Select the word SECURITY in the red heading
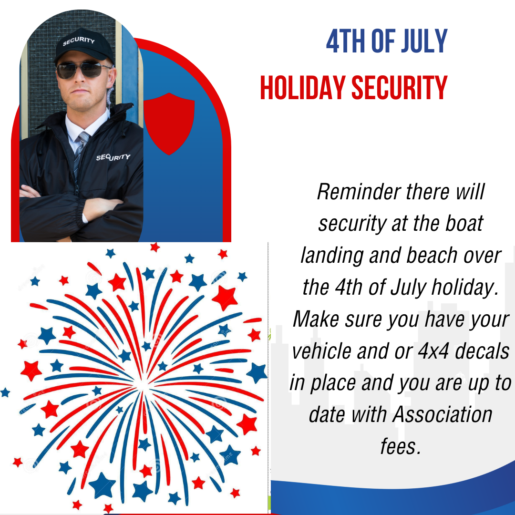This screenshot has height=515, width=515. pyautogui.click(x=400, y=87)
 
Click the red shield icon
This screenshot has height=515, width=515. pyautogui.click(x=169, y=124)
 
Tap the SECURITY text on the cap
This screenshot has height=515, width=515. pyautogui.click(x=79, y=41)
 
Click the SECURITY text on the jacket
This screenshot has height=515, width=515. pyautogui.click(x=113, y=157)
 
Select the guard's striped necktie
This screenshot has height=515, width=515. pyautogui.click(x=80, y=154)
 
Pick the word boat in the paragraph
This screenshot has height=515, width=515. pyautogui.click(x=464, y=223)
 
